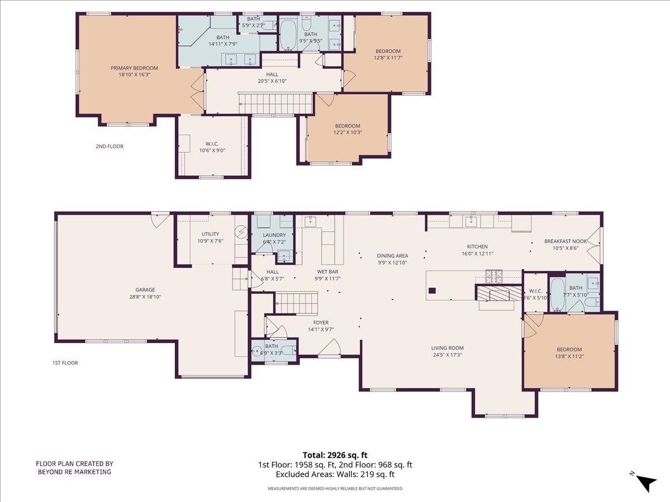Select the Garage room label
145,289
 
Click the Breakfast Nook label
566,242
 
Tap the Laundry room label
274,235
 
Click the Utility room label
210,234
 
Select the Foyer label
320,322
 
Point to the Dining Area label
392,255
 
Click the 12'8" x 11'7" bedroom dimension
387,57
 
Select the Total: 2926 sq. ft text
335,455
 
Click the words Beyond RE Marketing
74,472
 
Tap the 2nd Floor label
109,147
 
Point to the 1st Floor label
65,363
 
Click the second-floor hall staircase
275,103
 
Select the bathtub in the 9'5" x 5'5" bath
288,35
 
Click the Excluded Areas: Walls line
335,475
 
